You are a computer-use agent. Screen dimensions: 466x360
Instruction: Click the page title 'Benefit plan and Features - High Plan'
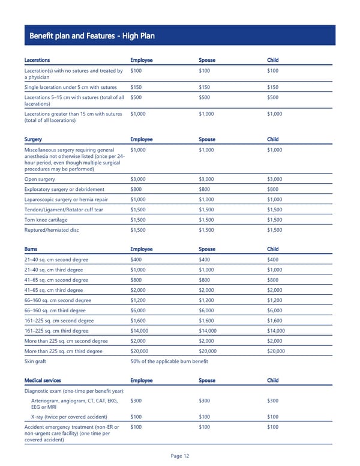(92, 36)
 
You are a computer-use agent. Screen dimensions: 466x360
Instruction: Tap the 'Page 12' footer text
(180, 456)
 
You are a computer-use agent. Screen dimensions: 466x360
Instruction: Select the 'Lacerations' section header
(37, 60)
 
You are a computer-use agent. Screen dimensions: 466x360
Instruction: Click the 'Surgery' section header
(34, 139)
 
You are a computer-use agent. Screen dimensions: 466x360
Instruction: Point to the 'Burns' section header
(31, 249)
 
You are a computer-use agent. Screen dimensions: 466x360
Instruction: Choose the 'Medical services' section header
(43, 380)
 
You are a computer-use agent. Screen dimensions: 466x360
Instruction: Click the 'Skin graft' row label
(35, 362)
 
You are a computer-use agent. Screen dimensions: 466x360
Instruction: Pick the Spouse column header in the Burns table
(206, 249)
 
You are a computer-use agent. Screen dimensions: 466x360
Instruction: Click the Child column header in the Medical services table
(272, 380)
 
